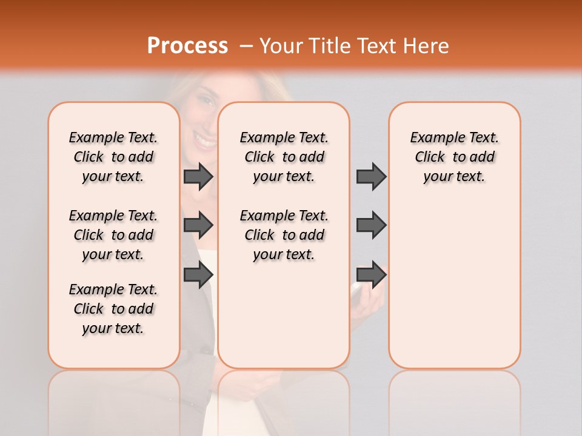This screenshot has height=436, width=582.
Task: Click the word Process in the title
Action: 187,45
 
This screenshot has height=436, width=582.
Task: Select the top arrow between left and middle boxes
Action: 198,176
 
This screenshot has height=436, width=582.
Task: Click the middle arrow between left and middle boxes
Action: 198,225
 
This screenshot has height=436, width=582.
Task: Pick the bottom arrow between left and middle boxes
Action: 198,275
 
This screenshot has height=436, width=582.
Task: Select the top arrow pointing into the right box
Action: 371,176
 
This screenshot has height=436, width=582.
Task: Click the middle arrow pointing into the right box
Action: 371,225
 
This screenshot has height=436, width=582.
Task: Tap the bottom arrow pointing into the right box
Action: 371,275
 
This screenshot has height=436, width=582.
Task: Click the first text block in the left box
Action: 113,157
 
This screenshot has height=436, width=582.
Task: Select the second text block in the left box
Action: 113,235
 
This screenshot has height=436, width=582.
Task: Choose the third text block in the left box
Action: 113,309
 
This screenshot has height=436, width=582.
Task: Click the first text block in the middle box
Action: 284,157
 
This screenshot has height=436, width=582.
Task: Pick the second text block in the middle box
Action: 284,235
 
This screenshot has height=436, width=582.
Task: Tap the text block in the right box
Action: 455,157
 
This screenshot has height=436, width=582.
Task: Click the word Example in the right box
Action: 433,138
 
